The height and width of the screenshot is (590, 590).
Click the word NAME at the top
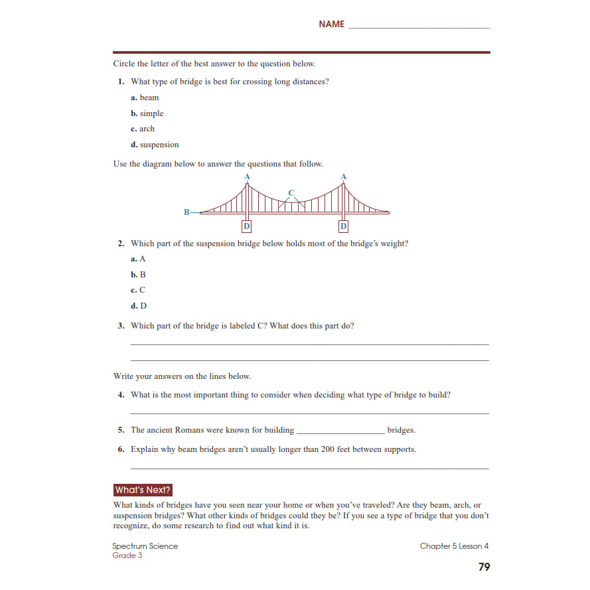(x=331, y=24)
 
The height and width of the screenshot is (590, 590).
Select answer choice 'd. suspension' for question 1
(x=155, y=145)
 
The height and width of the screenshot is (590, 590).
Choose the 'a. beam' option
(x=145, y=98)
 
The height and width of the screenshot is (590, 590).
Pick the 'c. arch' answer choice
(x=143, y=129)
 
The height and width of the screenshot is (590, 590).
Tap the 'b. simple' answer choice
(x=147, y=113)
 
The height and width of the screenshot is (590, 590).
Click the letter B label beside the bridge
(x=186, y=212)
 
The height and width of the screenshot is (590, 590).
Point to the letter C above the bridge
(x=291, y=192)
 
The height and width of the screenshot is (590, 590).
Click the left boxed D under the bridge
(x=247, y=226)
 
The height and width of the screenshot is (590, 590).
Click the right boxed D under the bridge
(x=343, y=226)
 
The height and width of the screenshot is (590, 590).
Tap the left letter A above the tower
(x=247, y=177)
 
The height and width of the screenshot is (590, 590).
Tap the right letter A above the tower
(x=343, y=177)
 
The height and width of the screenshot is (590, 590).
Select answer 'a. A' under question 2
(x=138, y=259)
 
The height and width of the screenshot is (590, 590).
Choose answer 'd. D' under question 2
(x=139, y=306)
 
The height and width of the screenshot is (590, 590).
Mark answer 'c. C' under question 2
(x=138, y=290)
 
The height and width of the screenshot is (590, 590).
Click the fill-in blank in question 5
(x=340, y=431)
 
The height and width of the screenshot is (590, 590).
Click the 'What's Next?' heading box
(x=143, y=490)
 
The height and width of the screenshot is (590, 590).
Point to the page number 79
(x=484, y=567)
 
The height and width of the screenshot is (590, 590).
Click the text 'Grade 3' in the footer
(x=127, y=555)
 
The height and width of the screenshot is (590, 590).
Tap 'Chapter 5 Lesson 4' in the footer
(x=454, y=546)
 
